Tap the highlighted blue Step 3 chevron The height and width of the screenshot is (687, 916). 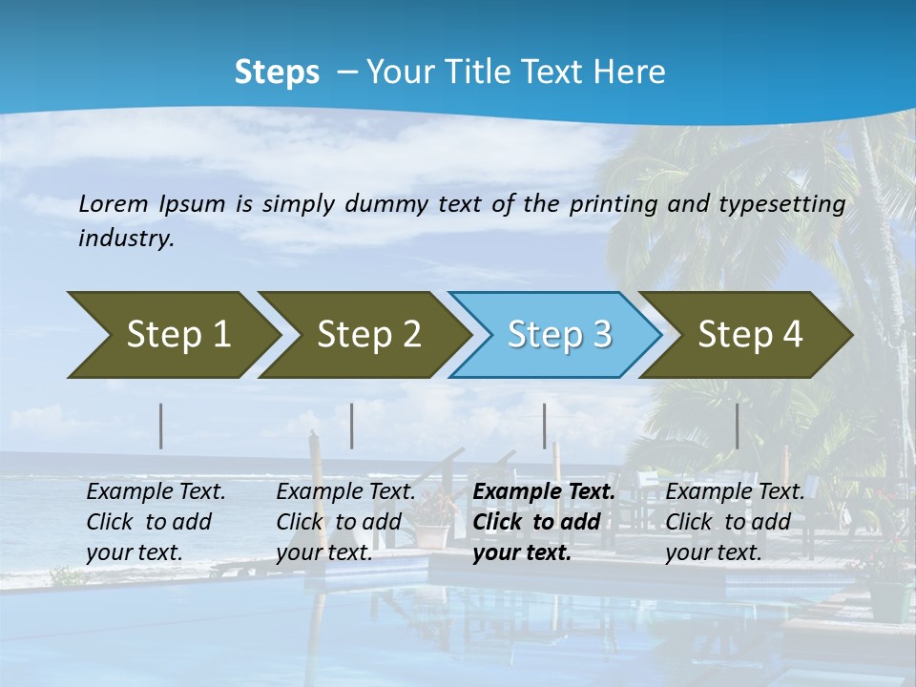point(557,335)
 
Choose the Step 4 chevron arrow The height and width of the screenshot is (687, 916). point(748,335)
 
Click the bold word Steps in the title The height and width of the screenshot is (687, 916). point(277,73)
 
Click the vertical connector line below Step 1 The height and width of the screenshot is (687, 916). point(161,426)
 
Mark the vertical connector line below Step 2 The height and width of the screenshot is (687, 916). point(352,426)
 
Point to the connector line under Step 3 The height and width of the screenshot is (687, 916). point(545,426)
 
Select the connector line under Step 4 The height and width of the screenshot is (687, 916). point(738,426)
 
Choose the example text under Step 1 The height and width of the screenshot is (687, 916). point(156,522)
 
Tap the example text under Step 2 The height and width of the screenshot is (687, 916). point(345,522)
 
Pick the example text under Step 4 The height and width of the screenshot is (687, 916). point(735,522)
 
